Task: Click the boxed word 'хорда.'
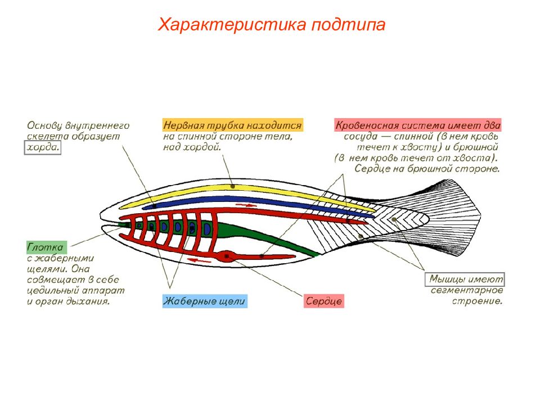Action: click(x=43, y=147)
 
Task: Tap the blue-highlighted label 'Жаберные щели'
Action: click(x=205, y=301)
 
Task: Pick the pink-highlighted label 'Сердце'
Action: click(x=324, y=301)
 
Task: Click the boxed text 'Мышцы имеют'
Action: click(x=465, y=279)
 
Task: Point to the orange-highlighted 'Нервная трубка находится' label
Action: click(x=233, y=125)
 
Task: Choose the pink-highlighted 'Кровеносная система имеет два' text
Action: click(x=418, y=125)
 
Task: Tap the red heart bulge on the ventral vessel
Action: click(x=227, y=256)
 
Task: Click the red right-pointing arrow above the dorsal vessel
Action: click(x=246, y=205)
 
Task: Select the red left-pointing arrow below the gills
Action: click(x=201, y=260)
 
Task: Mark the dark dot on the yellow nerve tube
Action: click(x=233, y=186)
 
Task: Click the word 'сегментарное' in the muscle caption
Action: click(x=467, y=290)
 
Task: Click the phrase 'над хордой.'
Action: click(x=192, y=147)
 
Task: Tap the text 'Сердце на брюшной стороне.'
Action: click(x=427, y=169)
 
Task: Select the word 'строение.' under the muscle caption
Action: click(x=478, y=301)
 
